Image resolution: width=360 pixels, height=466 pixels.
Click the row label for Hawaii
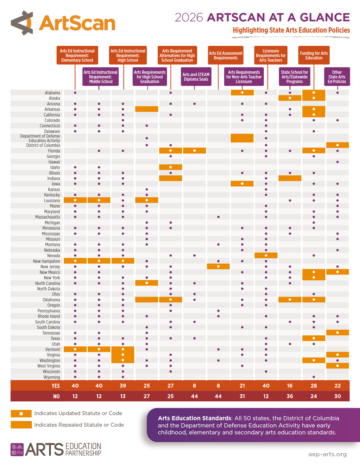[x=54, y=162]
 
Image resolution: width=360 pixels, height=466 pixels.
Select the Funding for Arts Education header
[x=314, y=55]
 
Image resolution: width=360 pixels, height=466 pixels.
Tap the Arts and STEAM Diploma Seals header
[x=196, y=77]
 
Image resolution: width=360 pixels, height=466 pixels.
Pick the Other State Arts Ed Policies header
[x=337, y=77]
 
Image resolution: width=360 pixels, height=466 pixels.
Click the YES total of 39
[x=123, y=386]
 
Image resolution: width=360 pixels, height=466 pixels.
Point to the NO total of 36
[x=290, y=396]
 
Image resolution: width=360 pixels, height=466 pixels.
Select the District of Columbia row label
[x=43, y=145]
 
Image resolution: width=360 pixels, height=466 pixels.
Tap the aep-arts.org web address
[x=327, y=454]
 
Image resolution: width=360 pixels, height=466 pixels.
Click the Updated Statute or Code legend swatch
[x=21, y=414]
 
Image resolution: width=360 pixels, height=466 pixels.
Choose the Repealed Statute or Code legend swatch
[x=21, y=425]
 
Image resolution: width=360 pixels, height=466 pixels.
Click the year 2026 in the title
[x=189, y=17]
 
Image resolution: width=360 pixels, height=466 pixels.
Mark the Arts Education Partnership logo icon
[x=17, y=450]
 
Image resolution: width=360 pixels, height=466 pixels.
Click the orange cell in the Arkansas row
[x=147, y=109]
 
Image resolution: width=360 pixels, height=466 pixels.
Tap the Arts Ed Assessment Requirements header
[x=226, y=55]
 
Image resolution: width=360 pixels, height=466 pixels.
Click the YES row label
[x=56, y=386]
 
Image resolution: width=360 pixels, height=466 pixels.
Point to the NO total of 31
[x=242, y=396]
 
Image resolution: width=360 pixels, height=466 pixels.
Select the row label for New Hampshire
[x=46, y=261]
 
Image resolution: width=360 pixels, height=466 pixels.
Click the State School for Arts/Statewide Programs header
[x=294, y=77]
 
